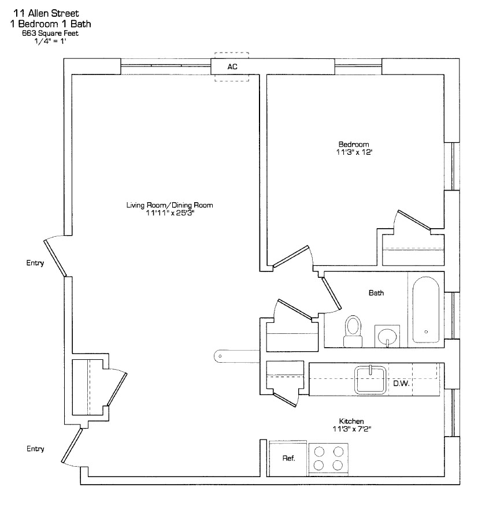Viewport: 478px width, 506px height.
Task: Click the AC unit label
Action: (x=232, y=67)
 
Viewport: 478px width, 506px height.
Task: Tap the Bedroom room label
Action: (x=353, y=144)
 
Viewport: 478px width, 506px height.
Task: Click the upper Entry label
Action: (x=35, y=263)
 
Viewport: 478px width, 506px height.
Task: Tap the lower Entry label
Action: (x=35, y=449)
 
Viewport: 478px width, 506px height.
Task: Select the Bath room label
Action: (x=376, y=293)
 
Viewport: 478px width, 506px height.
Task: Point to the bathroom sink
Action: (x=386, y=335)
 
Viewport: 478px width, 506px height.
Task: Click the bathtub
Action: (x=426, y=309)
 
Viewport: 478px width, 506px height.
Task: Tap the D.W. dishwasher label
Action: (x=401, y=383)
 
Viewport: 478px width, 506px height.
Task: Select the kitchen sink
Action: (x=370, y=379)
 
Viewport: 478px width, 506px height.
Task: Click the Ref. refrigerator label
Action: (x=288, y=459)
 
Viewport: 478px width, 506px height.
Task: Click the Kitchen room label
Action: (x=351, y=421)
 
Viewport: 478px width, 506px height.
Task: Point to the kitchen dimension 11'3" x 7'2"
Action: (x=351, y=429)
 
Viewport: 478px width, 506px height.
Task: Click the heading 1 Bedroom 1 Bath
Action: (x=50, y=24)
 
